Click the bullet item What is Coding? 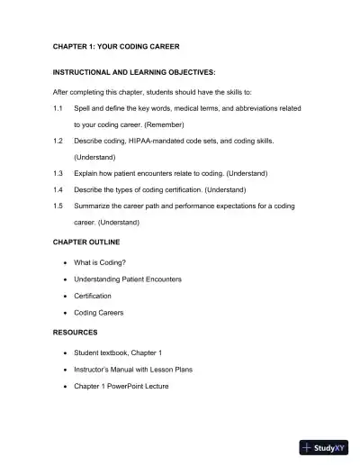106,262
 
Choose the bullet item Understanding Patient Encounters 128,279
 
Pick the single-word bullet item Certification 93,296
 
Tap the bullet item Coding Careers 99,313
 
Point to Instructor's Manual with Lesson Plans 133,369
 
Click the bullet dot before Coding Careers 66,313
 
